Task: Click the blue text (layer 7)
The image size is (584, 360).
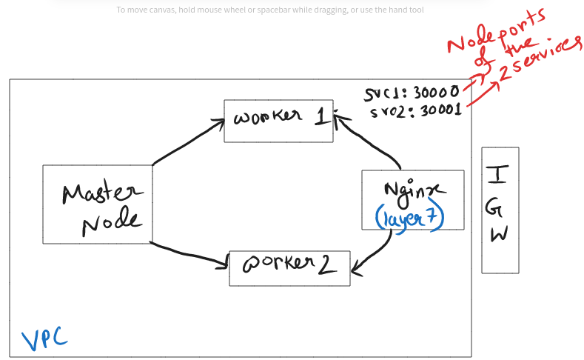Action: [410, 217]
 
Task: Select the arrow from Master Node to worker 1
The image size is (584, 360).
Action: [189, 141]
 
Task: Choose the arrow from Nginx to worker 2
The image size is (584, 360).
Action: [379, 251]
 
